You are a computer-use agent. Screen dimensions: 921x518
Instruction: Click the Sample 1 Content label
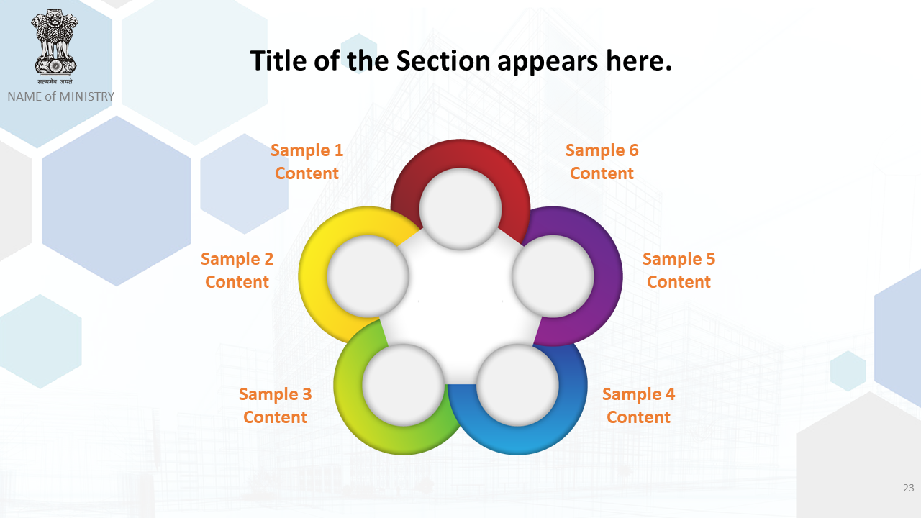(307, 162)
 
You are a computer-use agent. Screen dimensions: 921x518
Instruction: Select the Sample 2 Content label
(237, 270)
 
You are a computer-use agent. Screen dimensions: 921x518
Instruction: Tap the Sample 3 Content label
(275, 405)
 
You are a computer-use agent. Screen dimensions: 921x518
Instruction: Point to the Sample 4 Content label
(638, 405)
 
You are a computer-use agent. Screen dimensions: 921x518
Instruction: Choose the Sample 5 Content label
(679, 270)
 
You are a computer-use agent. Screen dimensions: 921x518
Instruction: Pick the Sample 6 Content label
(602, 162)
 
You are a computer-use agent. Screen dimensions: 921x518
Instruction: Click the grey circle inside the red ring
(460, 209)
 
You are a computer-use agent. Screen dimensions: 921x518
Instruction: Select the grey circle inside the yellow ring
(368, 276)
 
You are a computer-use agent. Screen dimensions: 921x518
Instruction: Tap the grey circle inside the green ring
(404, 385)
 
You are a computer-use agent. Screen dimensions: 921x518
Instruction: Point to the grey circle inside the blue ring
(517, 385)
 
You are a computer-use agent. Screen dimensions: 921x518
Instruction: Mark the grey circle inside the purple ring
(553, 276)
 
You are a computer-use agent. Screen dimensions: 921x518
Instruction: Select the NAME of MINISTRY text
(61, 96)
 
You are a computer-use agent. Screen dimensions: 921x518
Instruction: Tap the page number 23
(909, 488)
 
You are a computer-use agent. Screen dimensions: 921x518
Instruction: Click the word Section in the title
(443, 61)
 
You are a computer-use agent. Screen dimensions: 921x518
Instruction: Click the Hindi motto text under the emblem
(55, 81)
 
